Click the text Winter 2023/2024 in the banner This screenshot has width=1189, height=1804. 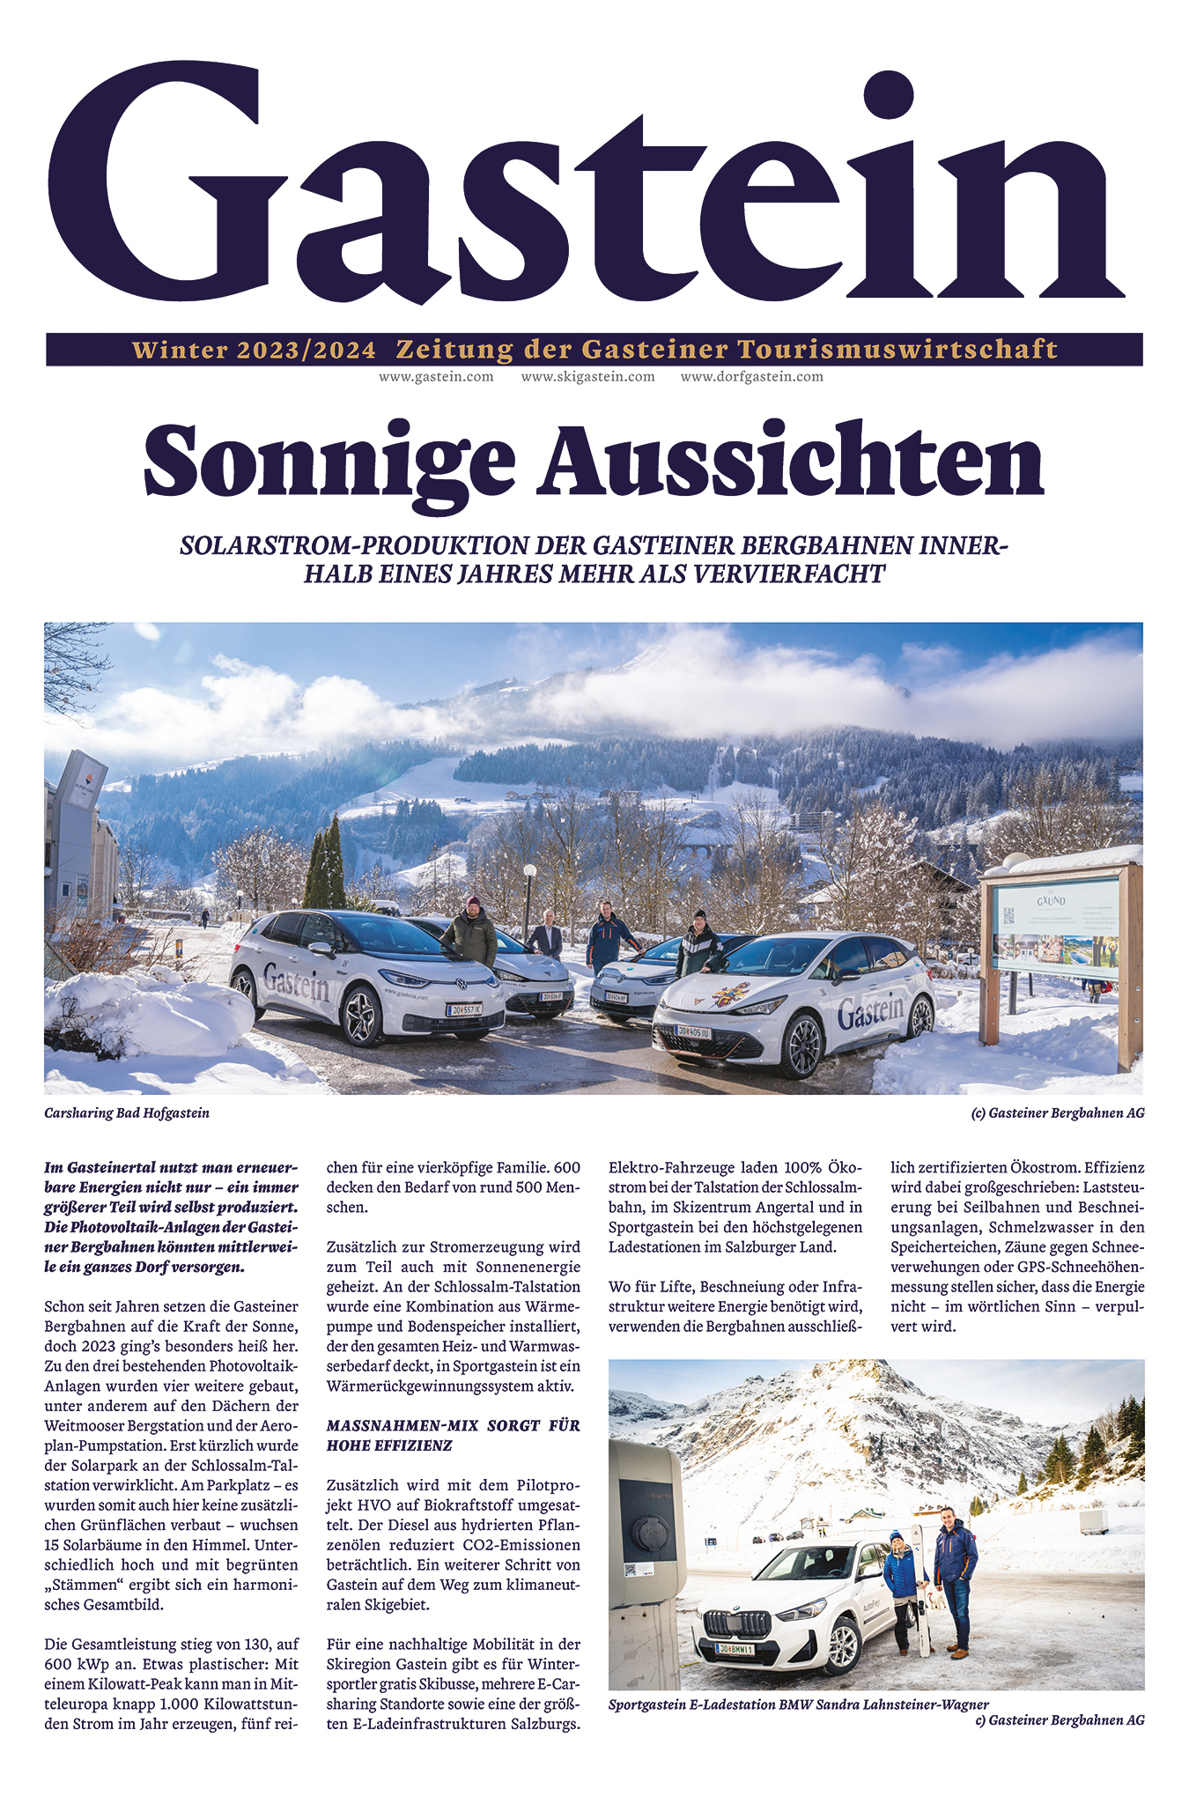point(254,350)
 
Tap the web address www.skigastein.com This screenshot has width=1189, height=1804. point(587,376)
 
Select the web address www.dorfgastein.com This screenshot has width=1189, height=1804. point(751,376)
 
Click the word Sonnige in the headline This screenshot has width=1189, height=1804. point(329,461)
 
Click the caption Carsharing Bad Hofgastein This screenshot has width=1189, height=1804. point(127,1113)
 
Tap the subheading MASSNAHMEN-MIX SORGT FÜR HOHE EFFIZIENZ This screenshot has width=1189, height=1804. point(453,1435)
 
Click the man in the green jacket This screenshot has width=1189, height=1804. point(469,934)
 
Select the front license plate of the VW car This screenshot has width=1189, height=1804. point(463,1009)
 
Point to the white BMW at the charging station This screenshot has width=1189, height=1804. point(784,1607)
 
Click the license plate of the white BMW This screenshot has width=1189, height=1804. point(733,1649)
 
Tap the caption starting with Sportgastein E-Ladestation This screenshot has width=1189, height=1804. point(798,1704)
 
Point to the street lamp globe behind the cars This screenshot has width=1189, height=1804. point(529,871)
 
